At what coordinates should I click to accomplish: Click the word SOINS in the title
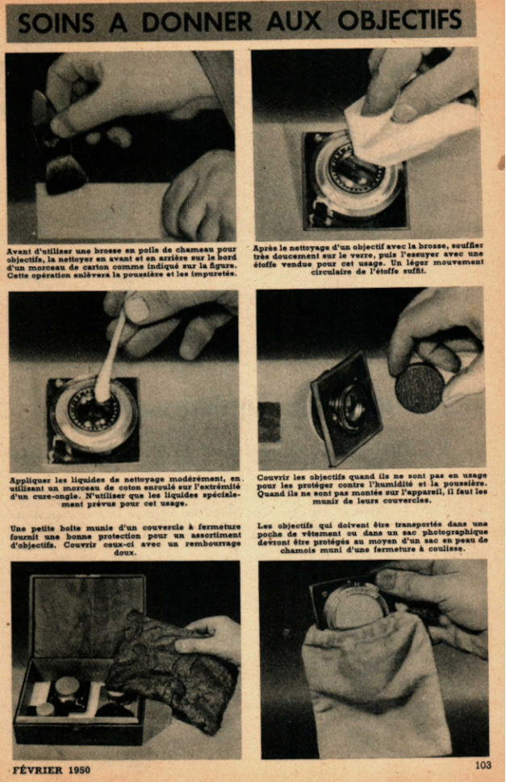56,23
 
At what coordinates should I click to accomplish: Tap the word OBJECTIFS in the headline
399,20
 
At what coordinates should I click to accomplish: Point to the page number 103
483,764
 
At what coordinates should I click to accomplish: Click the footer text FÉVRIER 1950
52,770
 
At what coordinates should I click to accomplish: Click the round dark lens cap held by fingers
420,388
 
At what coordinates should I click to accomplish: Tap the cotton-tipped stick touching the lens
111,356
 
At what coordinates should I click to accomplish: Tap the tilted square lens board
346,406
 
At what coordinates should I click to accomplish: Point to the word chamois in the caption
296,549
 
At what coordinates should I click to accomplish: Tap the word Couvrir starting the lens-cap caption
273,477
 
